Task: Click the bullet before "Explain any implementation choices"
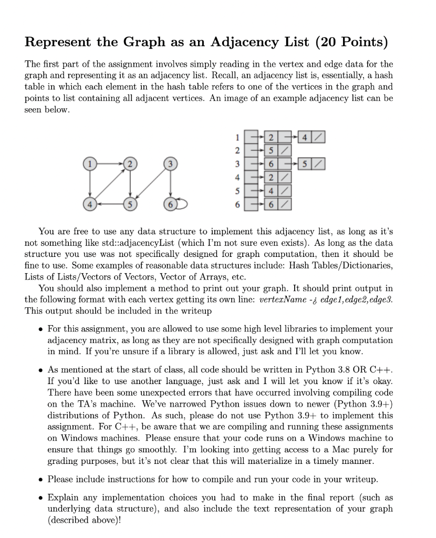(x=41, y=496)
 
